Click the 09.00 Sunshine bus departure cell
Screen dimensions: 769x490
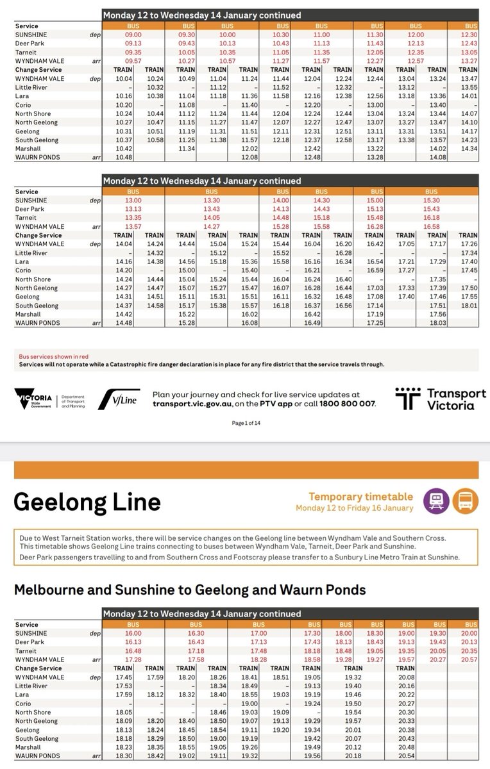(132, 34)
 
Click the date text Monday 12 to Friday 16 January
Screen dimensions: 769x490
(355, 508)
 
